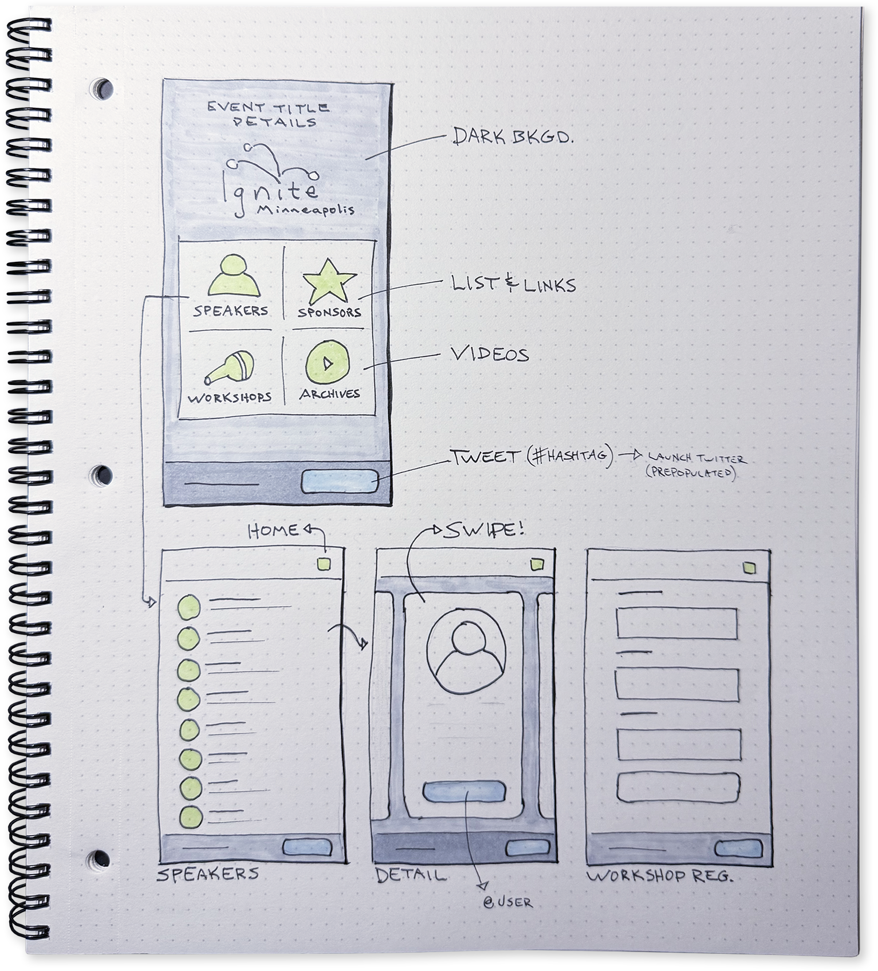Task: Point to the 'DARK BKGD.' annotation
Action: [x=512, y=136]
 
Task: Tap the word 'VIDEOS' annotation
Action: [x=490, y=355]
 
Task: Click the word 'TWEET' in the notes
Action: [x=483, y=457]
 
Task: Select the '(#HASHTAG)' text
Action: [x=569, y=457]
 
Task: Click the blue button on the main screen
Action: [x=340, y=481]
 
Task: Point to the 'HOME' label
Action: [x=273, y=531]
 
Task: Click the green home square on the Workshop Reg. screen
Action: [x=749, y=568]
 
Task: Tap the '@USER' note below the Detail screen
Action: [x=507, y=903]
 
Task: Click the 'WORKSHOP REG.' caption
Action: [x=659, y=876]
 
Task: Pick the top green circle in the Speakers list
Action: [x=189, y=606]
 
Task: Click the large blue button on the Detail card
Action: [x=464, y=792]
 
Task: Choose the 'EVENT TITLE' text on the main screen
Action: [x=268, y=107]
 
